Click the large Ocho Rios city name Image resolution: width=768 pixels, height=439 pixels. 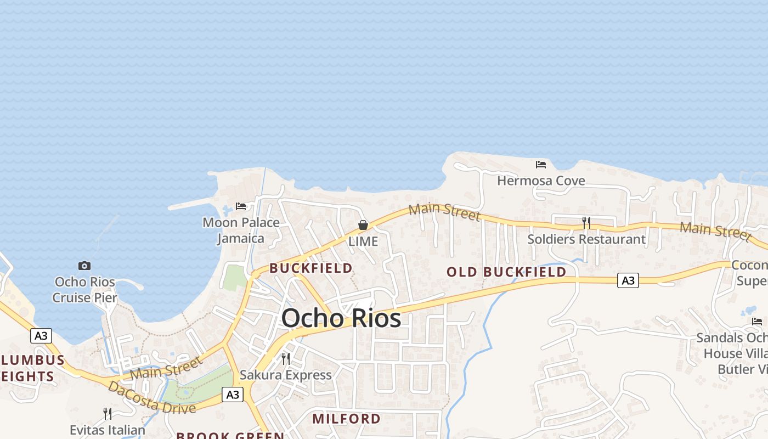pos(341,318)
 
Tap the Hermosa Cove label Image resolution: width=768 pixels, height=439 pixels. pos(541,181)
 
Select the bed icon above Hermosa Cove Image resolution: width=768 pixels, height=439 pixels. pos(541,164)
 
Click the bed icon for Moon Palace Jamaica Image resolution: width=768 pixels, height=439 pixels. pos(241,206)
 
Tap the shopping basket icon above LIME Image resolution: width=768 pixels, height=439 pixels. pos(363,224)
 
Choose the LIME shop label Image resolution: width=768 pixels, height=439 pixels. pos(363,241)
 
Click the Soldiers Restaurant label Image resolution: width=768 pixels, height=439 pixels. pos(586,239)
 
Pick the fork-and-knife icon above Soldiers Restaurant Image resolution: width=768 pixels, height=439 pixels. pos(586,222)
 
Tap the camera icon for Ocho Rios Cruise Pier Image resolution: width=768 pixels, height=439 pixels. pos(84,266)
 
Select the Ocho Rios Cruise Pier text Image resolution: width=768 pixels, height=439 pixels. pos(85,290)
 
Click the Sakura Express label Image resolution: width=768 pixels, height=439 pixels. pos(286,375)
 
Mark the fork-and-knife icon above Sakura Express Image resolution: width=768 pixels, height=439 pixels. pos(286,358)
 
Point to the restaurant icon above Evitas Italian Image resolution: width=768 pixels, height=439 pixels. pos(108,413)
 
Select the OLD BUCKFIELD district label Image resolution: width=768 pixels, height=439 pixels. pos(506,272)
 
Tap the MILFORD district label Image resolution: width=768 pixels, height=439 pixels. pos(347,419)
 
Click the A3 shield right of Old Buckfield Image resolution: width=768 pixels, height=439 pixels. pos(628,280)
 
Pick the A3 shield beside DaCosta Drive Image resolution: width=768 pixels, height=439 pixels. pos(233,394)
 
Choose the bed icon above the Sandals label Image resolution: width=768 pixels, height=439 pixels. pos(758,321)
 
